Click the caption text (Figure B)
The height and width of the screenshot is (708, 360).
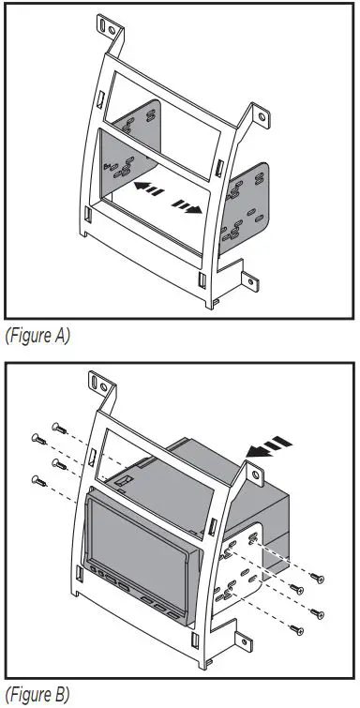click(x=37, y=695)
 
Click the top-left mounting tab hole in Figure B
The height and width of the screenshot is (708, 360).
click(x=95, y=381)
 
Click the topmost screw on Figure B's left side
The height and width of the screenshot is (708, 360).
click(x=56, y=425)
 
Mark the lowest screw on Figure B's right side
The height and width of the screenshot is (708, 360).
click(x=299, y=629)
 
